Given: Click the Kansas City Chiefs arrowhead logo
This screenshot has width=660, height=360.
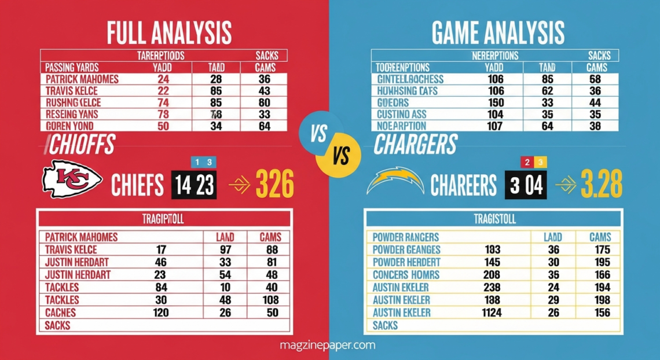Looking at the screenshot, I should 72,179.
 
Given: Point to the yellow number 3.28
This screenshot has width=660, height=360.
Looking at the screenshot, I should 596,185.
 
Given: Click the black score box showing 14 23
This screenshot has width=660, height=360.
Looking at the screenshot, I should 194,185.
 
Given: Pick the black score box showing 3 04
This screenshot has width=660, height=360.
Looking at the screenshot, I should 526,185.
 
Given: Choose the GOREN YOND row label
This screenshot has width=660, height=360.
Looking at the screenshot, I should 68,126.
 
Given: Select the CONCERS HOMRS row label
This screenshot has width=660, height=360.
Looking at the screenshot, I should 406,275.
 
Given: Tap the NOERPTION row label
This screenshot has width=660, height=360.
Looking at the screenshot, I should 401,126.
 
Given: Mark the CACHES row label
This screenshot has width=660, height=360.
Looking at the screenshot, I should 60,313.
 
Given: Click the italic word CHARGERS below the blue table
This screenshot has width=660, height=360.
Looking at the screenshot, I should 415,145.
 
